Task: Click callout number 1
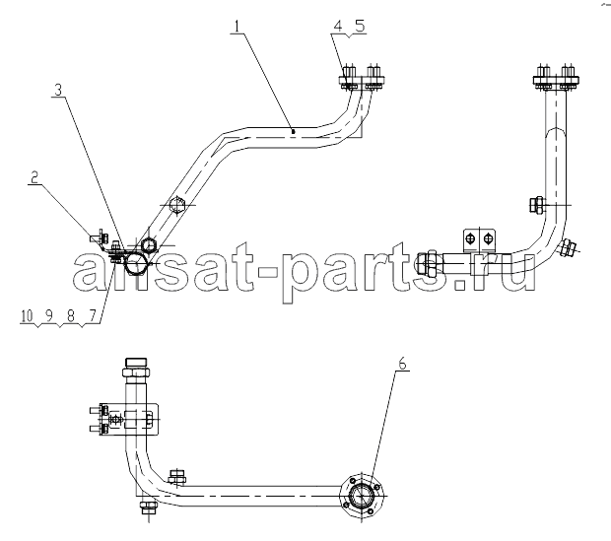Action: (238, 26)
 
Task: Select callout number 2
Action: (34, 177)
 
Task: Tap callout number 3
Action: (58, 90)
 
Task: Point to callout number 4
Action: (337, 26)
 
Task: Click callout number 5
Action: (360, 26)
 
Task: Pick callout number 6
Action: (402, 364)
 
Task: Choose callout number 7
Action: (93, 316)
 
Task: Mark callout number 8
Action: (71, 316)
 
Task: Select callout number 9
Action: (48, 316)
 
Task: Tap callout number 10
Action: (27, 316)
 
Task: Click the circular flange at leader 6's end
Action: (362, 496)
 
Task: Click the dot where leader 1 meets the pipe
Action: (293, 132)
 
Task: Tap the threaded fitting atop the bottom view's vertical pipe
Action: (135, 368)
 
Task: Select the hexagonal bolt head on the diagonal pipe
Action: (177, 204)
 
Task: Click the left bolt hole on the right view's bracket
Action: (471, 238)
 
